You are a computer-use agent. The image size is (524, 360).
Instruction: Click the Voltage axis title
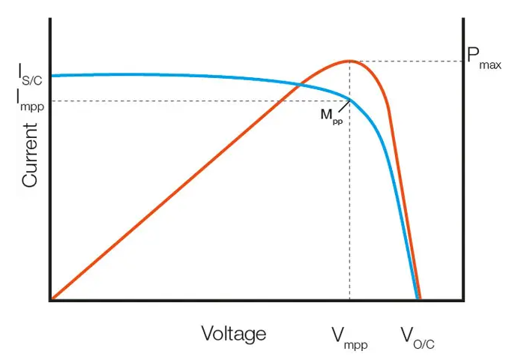[x=233, y=334]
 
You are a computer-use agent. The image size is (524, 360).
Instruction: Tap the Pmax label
[x=483, y=58]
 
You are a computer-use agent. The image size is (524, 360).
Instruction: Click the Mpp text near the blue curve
[x=331, y=115]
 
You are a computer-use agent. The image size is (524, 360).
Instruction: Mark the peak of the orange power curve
[x=349, y=61]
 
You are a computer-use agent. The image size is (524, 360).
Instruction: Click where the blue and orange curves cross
[x=301, y=84]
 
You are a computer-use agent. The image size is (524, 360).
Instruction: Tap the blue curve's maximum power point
[x=350, y=100]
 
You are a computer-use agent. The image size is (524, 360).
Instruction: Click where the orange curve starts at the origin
[x=51, y=299]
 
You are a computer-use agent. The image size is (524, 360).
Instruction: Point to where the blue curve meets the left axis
[x=51, y=76]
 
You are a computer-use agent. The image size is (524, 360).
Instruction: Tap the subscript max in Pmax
[x=490, y=65]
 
